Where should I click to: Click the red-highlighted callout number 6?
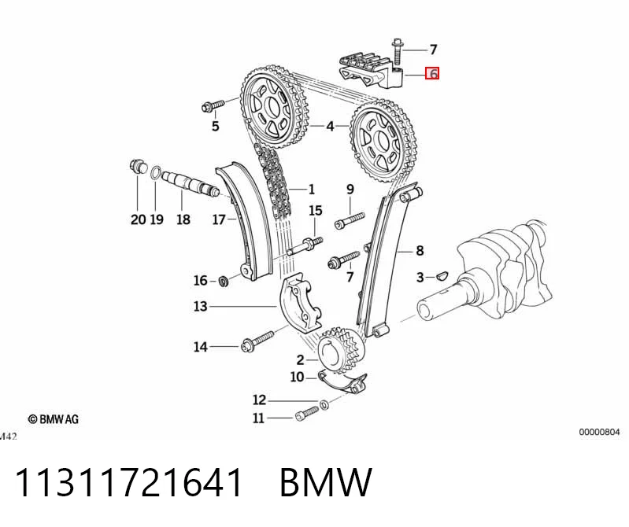pos(432,74)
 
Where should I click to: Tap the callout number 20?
pos(138,219)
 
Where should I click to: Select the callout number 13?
pos(200,307)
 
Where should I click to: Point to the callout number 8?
pos(420,251)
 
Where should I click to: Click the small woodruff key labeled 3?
pos(442,276)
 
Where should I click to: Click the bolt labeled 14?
pos(257,341)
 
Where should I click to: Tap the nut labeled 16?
pos(224,281)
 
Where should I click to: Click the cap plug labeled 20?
pos(137,166)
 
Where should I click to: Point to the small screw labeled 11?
pos(306,414)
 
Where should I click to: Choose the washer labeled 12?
pos(324,404)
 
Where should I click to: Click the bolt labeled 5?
pos(213,106)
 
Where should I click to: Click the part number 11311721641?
pos(128,482)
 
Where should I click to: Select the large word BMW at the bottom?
pos(326,482)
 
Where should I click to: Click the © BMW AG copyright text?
pos(53,419)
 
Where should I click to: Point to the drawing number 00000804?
pos(599,432)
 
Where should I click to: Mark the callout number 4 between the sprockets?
pos(330,126)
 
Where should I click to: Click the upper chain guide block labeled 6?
pos(372,73)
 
